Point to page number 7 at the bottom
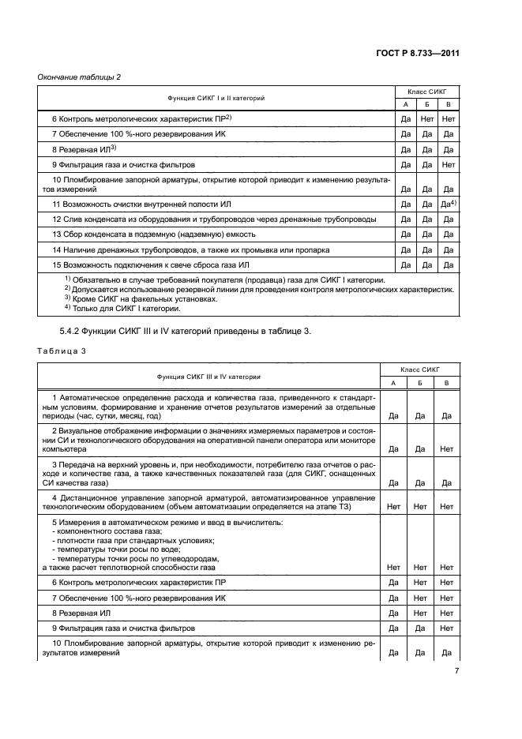[x=456, y=672]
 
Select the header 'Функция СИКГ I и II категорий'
[x=216, y=98]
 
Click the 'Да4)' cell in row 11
[x=449, y=204]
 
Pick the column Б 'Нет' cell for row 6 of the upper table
[x=427, y=118]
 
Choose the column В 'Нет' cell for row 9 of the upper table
[x=449, y=164]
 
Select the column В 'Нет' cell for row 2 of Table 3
[x=446, y=447]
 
